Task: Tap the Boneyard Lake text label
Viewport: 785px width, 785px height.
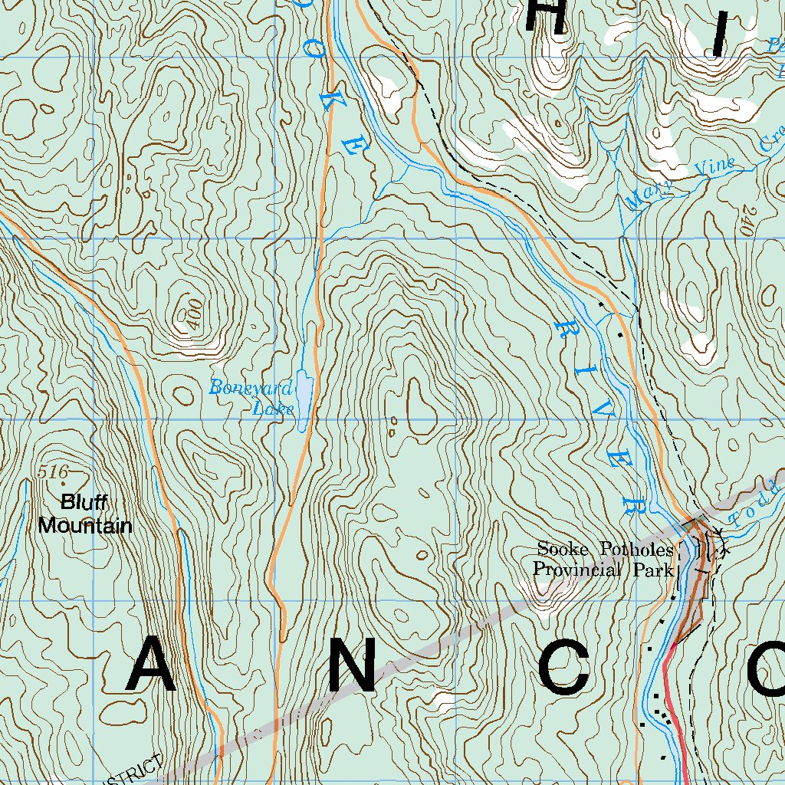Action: click(251, 397)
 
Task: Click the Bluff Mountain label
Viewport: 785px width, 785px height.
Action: click(85, 514)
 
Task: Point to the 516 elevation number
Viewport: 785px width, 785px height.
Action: click(52, 472)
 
